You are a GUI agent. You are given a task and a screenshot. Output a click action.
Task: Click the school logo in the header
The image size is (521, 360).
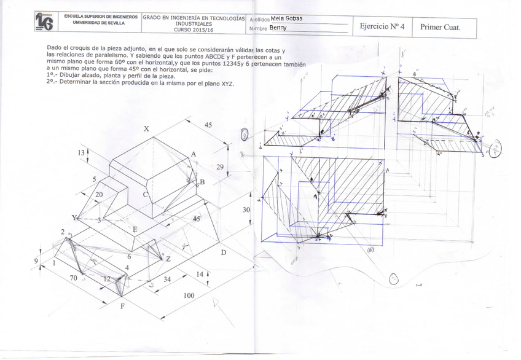pos(44,22)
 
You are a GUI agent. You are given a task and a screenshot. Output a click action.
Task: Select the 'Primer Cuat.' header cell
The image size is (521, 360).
pos(439,27)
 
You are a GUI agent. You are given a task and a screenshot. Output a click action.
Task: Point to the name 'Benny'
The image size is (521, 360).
pos(278,28)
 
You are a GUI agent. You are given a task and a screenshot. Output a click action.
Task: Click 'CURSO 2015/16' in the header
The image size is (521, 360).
pos(194,29)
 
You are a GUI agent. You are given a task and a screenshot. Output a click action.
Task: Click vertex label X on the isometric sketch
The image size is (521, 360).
pos(146,129)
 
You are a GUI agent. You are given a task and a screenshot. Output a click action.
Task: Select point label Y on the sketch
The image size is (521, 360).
pos(74,217)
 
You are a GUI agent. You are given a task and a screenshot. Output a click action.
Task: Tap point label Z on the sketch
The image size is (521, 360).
pos(168,259)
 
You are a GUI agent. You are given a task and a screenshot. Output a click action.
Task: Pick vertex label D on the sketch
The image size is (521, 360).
pos(224,252)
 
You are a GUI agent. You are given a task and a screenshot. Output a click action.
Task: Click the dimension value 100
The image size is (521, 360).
pos(189,295)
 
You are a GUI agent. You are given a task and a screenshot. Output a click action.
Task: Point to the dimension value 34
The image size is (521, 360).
pos(167,280)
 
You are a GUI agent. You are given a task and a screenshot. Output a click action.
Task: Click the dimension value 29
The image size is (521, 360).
pos(220,167)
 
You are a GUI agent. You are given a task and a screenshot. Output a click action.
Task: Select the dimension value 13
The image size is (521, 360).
pos(80,152)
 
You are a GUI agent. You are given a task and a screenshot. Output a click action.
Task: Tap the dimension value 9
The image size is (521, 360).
pos(36,260)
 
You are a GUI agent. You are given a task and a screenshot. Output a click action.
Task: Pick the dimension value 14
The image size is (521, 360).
pos(200,274)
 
